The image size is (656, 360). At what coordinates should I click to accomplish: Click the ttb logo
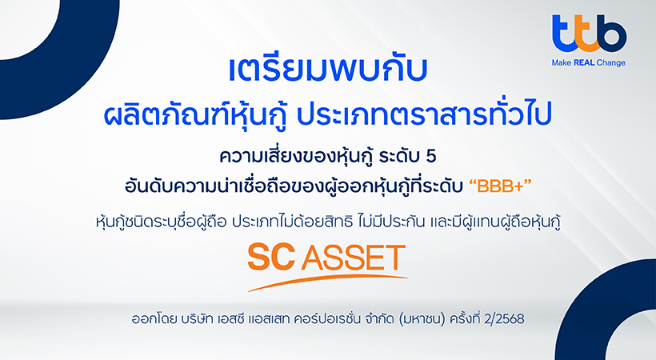click(589, 33)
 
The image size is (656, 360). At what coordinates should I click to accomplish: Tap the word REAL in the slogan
click(585, 62)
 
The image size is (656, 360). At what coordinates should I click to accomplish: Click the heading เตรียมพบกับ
click(328, 70)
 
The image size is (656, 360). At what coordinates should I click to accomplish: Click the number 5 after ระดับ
click(430, 156)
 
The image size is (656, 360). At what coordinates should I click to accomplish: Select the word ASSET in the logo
click(354, 258)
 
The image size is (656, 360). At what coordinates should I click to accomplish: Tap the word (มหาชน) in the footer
click(422, 319)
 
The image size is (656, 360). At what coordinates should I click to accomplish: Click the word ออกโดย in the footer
click(154, 319)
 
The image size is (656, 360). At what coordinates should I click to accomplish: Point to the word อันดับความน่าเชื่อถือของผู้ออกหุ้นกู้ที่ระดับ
click(294, 186)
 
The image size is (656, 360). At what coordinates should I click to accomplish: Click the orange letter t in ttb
click(589, 34)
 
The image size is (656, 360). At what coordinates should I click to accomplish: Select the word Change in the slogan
click(611, 63)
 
